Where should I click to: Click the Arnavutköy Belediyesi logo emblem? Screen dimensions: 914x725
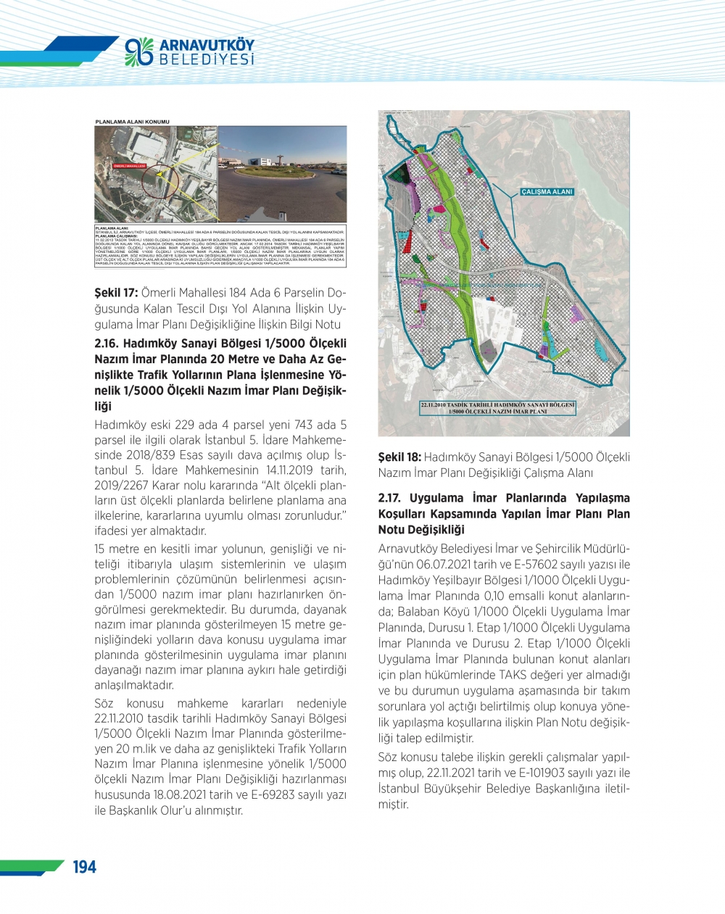click(x=139, y=51)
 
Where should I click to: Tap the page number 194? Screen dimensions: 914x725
click(x=85, y=867)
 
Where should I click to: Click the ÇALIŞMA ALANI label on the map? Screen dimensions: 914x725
click(x=547, y=192)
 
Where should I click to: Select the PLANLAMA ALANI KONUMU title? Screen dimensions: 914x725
click(x=132, y=121)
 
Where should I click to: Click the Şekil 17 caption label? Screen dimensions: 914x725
click(x=116, y=293)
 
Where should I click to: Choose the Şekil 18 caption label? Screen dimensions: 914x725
click(x=399, y=457)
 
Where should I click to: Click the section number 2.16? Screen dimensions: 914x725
click(x=109, y=344)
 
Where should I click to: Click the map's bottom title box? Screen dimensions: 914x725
click(x=497, y=408)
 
